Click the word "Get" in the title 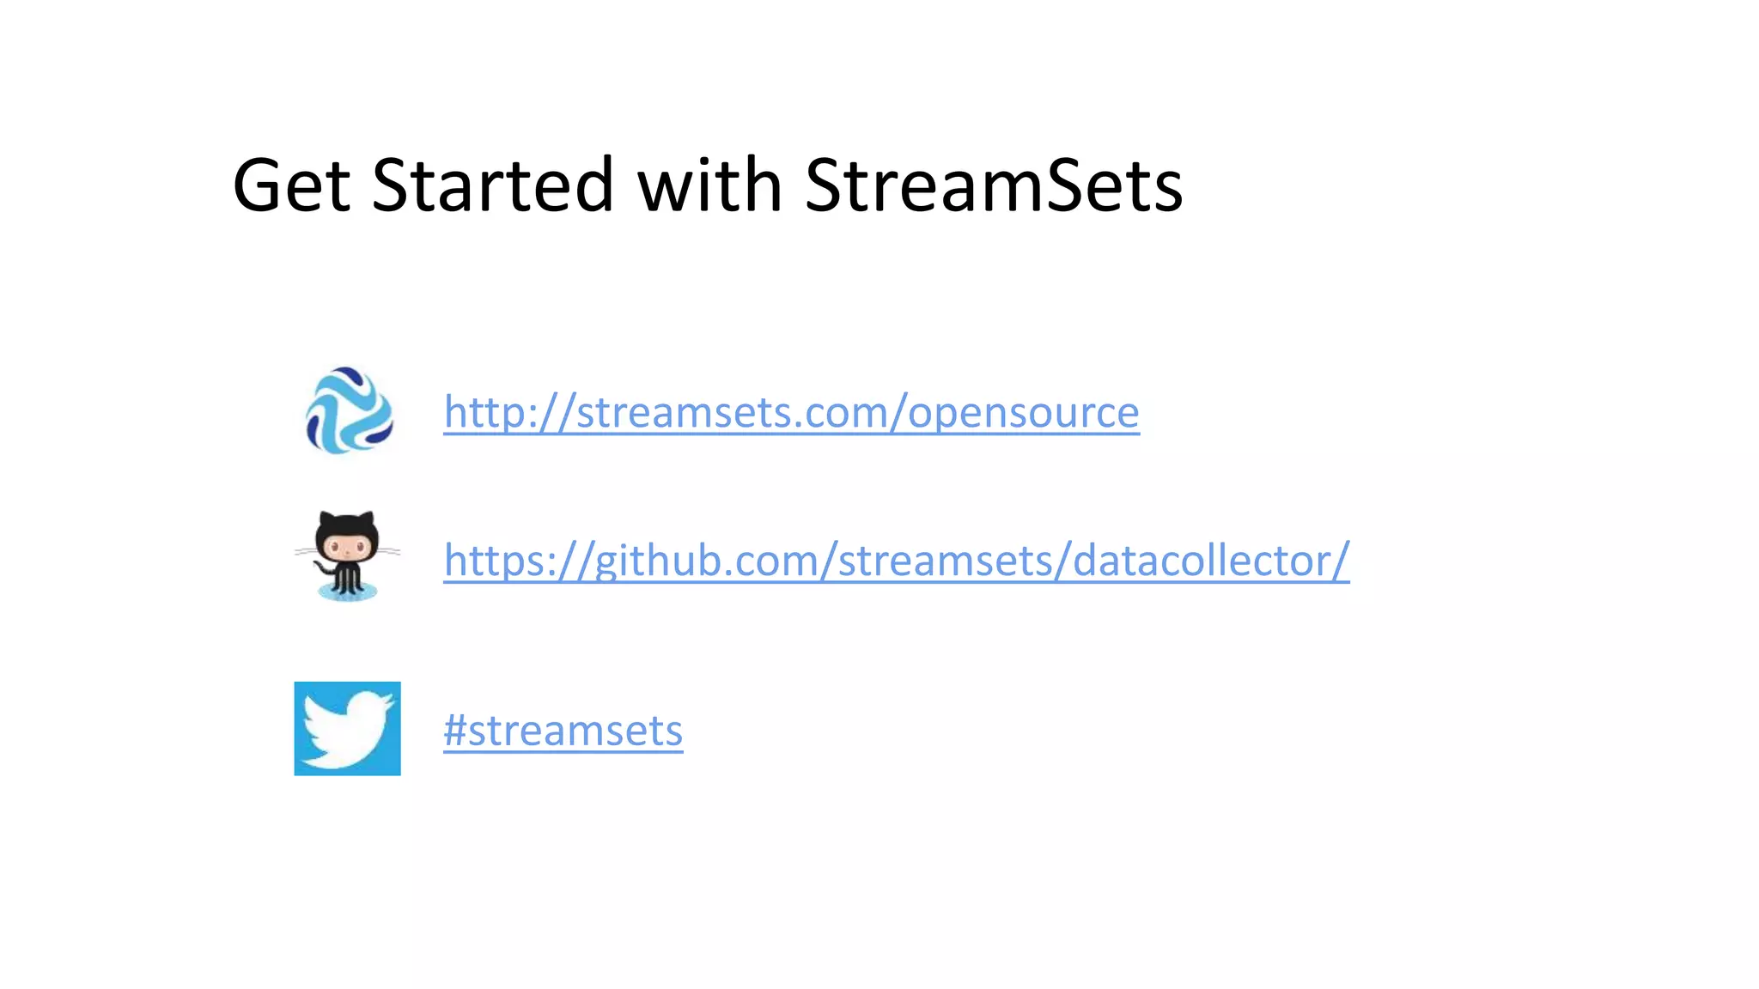[291, 185]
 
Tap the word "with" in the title [709, 185]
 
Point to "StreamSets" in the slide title [994, 185]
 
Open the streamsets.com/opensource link [791, 412]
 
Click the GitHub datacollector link [896, 561]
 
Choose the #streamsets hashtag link [563, 731]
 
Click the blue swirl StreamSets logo [349, 410]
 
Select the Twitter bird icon [347, 728]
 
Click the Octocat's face [347, 545]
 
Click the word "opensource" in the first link [1023, 414]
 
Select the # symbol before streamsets [455, 731]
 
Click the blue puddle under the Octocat [347, 592]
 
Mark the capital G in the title [257, 185]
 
